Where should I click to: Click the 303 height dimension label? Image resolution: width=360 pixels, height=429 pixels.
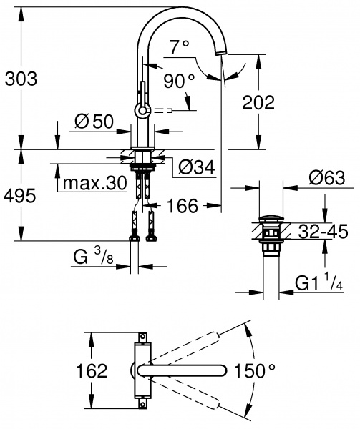(x=20, y=77)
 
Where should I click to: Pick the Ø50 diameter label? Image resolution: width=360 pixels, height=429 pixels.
(x=93, y=122)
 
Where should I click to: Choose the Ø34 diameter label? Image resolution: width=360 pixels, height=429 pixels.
(x=195, y=168)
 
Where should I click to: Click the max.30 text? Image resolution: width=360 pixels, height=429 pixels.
(x=93, y=184)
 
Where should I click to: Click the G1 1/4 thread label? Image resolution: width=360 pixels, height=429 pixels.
(x=318, y=285)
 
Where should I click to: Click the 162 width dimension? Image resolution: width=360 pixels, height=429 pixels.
(x=92, y=371)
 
